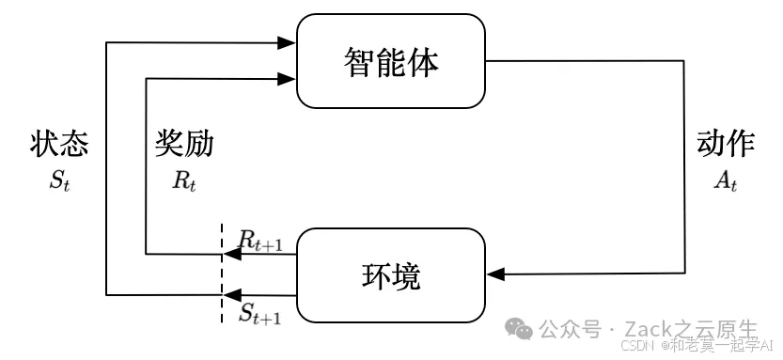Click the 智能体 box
click(391, 62)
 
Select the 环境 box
click(391, 274)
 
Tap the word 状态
click(59, 144)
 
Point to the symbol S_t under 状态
click(59, 180)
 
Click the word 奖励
click(184, 144)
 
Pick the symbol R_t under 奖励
click(184, 180)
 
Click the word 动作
click(726, 144)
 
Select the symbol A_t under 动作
click(726, 180)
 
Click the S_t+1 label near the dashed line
click(259, 314)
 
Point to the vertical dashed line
click(222, 273)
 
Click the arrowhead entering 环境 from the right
click(495, 274)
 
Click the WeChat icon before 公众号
click(519, 328)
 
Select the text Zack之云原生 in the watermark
click(696, 329)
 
